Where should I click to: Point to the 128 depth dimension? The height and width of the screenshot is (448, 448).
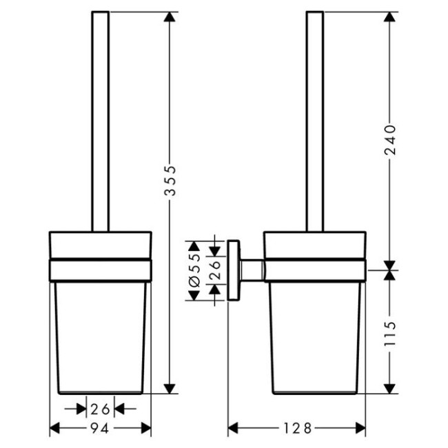pyautogui.click(x=297, y=427)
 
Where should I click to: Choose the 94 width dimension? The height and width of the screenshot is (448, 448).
pyautogui.click(x=101, y=428)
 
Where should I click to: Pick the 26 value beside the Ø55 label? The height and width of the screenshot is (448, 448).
pyautogui.click(x=214, y=270)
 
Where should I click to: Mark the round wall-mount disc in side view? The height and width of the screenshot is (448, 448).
pyautogui.click(x=234, y=270)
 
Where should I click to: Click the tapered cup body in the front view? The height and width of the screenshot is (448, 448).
pyautogui.click(x=101, y=331)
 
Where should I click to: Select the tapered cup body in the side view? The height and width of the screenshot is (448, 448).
pyautogui.click(x=314, y=331)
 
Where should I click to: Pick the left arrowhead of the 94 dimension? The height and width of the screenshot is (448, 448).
pyautogui.click(x=56, y=428)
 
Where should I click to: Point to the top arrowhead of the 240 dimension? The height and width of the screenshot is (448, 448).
pyautogui.click(x=390, y=17)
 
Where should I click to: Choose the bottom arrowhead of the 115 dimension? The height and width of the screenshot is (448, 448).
pyautogui.click(x=390, y=388)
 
